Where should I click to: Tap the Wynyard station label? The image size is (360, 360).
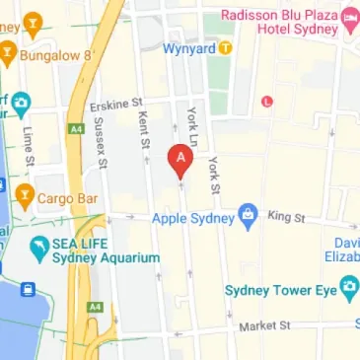(190, 47)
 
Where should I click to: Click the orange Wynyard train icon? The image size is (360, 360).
(226, 47)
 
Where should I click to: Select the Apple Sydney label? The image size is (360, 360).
(193, 216)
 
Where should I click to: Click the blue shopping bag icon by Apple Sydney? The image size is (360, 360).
(249, 216)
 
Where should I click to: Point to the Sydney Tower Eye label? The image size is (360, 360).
(281, 289)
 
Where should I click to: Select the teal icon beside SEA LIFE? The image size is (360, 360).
(40, 250)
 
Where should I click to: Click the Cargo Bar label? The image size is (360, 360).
(68, 197)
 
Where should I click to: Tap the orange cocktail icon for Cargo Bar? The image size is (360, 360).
(24, 196)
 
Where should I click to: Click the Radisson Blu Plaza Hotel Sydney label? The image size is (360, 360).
(279, 22)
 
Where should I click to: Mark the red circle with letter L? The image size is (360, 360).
(266, 101)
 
